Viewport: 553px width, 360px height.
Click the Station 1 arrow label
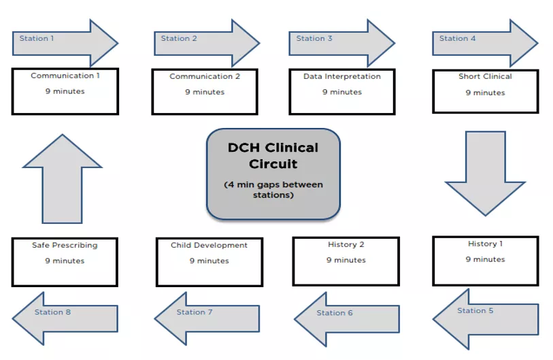click(x=37, y=39)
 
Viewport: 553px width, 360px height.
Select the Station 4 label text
click(x=457, y=39)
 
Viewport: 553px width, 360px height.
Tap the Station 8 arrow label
click(x=52, y=312)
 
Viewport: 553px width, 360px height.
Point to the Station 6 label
click(x=335, y=313)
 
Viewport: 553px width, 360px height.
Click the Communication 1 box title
click(x=65, y=76)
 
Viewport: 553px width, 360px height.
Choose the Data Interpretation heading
click(x=342, y=77)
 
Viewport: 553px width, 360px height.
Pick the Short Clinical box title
click(x=485, y=77)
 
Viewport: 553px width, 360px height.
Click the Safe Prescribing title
click(x=65, y=245)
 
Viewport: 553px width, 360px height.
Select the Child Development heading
click(x=209, y=245)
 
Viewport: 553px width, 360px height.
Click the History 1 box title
click(x=486, y=244)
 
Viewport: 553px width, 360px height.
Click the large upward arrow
click(x=62, y=178)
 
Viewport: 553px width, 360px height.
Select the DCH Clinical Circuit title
click(x=273, y=156)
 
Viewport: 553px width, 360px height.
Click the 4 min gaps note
click(x=273, y=189)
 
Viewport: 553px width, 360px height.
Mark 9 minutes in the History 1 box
click(x=486, y=259)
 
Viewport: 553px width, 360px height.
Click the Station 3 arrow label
click(x=314, y=39)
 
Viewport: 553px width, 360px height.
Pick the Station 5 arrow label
click(x=475, y=311)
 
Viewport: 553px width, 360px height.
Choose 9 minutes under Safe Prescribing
click(x=65, y=261)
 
